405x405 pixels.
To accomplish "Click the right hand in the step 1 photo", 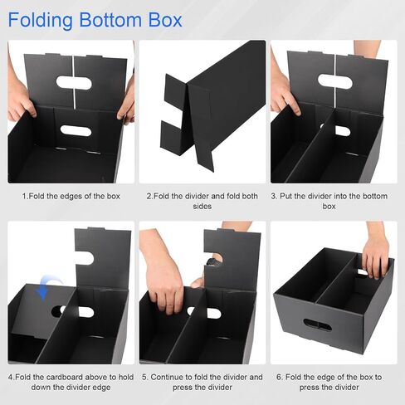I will click(127, 105).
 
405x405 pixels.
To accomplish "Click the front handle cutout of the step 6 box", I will click(316, 324).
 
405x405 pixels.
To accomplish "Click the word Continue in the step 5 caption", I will click(168, 377).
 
